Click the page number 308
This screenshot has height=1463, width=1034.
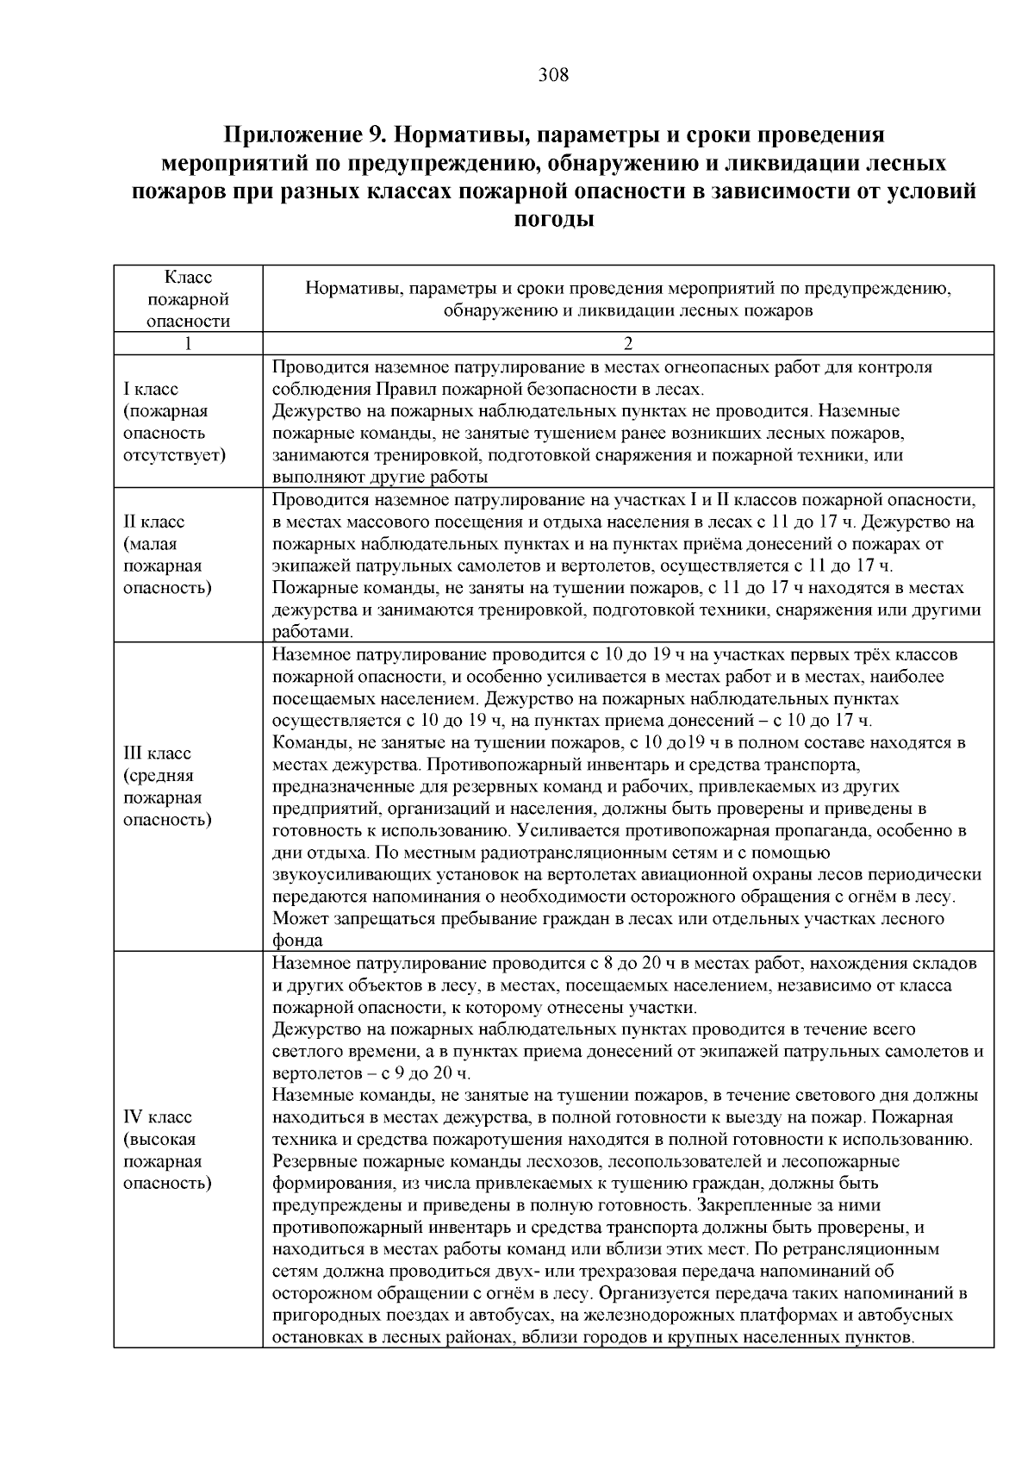(553, 75)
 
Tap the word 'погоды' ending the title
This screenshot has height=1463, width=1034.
(553, 219)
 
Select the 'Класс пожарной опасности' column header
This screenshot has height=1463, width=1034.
(188, 299)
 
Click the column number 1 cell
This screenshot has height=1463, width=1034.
(188, 344)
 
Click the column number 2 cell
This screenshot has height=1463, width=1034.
(627, 344)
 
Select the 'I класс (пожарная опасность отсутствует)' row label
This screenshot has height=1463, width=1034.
(175, 422)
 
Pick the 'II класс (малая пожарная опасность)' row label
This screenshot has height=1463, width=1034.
(167, 554)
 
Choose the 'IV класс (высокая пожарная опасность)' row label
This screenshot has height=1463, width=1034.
(167, 1149)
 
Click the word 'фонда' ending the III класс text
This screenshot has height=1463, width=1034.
(297, 941)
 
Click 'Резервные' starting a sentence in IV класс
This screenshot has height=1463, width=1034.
(309, 1161)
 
